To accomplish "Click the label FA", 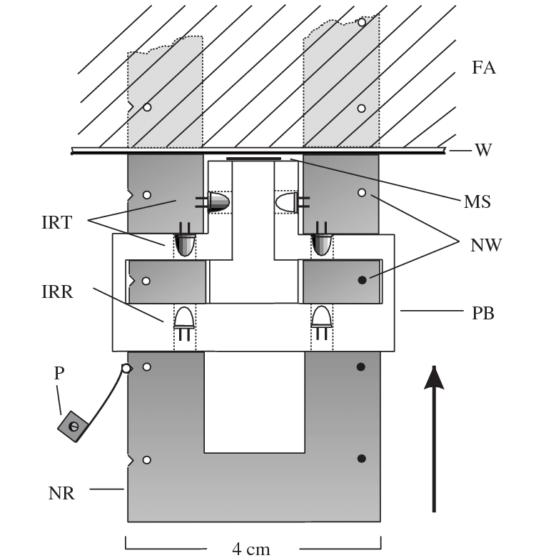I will pyautogui.click(x=483, y=69).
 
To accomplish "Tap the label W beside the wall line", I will pyautogui.click(x=482, y=150).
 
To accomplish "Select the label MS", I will pyautogui.click(x=477, y=202).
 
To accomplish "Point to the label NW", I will pyautogui.click(x=486, y=245).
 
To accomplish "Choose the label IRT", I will pyautogui.click(x=56, y=222).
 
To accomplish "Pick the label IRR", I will pyautogui.click(x=56, y=292).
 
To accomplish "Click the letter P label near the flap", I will pyautogui.click(x=59, y=374).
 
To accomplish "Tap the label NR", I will pyautogui.click(x=61, y=492).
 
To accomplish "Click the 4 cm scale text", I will pyautogui.click(x=251, y=548).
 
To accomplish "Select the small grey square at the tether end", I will pyautogui.click(x=73, y=427).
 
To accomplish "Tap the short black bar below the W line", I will pyautogui.click(x=253, y=159).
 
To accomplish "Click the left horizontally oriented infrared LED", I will pyautogui.click(x=218, y=203).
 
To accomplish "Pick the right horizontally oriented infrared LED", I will pyautogui.click(x=287, y=203).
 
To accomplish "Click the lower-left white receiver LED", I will pyautogui.click(x=185, y=317).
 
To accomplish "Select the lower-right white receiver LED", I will pyautogui.click(x=322, y=317).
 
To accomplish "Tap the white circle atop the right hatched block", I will pyautogui.click(x=362, y=23).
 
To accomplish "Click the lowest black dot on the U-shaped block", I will pyautogui.click(x=361, y=459).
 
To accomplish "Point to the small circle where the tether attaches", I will pyautogui.click(x=126, y=369).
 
